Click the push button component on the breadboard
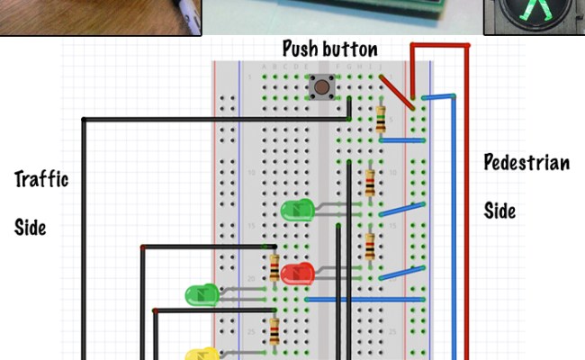pyautogui.click(x=322, y=87)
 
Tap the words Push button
pyautogui.click(x=329, y=49)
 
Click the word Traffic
pyautogui.click(x=41, y=178)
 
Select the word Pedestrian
pyautogui.click(x=526, y=163)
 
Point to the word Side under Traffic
pyautogui.click(x=30, y=227)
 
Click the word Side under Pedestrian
pyautogui.click(x=499, y=211)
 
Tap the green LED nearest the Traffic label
pyautogui.click(x=202, y=294)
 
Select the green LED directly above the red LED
pyautogui.click(x=296, y=211)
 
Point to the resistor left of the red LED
pyautogui.click(x=274, y=266)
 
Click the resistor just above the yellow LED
pyautogui.click(x=274, y=329)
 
